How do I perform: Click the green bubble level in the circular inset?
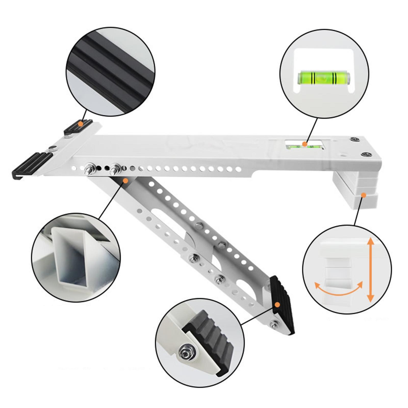(324, 78)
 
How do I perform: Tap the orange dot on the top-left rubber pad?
(80, 124)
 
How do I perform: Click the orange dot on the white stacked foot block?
(364, 195)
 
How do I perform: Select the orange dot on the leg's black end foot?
(278, 304)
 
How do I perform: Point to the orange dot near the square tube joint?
(125, 181)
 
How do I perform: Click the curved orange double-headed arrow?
(339, 289)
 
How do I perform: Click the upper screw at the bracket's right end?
(354, 139)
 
